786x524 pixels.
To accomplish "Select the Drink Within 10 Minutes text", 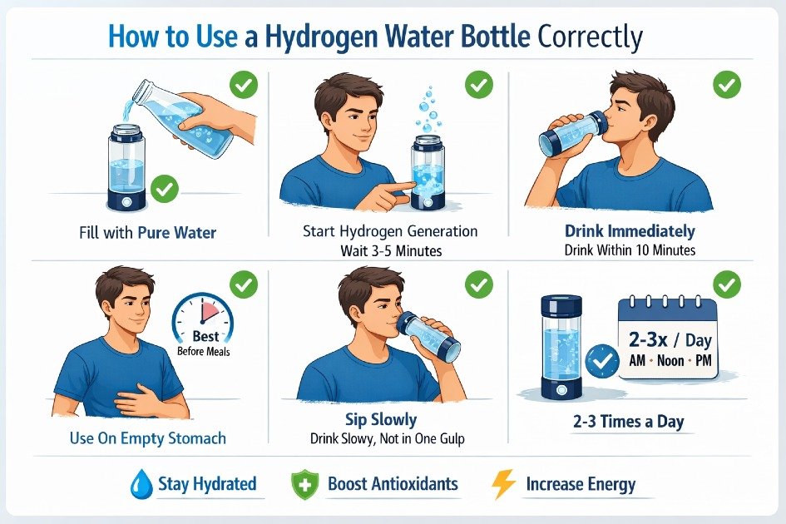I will tap(630, 250).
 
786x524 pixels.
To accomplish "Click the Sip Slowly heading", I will tap(380, 419).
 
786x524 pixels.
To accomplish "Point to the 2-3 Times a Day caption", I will tap(630, 422).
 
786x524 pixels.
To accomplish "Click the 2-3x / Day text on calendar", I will tap(668, 341).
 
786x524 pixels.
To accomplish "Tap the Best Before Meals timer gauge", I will tap(203, 329).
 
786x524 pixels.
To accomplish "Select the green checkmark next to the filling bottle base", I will tap(165, 190).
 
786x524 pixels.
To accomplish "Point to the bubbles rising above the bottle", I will tap(428, 112).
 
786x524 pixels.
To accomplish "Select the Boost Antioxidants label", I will tap(393, 484).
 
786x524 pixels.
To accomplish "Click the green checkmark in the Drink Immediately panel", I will tap(727, 84).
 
